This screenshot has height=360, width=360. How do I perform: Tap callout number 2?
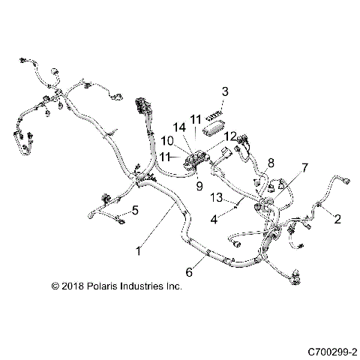point(337,219)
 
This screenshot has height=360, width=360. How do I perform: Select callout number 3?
point(224,91)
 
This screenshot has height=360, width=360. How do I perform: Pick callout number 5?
point(135,209)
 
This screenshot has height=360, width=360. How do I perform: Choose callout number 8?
point(271,161)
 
